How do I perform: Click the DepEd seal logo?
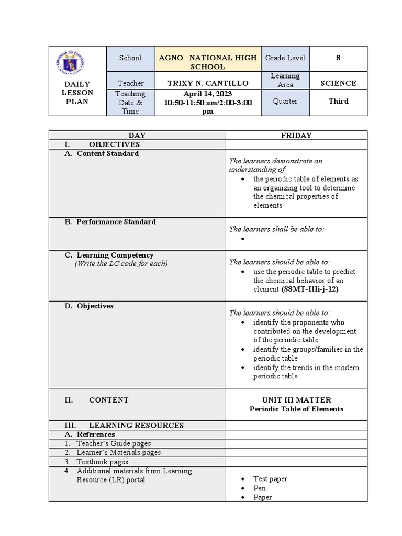coord(78,62)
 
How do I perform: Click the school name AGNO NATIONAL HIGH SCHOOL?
coord(208,62)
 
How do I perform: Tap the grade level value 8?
coord(338,58)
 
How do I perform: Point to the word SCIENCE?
coord(338,83)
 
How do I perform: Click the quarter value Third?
coord(338,101)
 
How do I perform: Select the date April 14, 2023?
coord(208,94)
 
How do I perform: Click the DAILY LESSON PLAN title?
coord(78,93)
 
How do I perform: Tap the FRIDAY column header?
coord(296,136)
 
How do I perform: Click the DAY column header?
coord(137,136)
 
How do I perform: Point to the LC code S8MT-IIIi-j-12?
coord(309,289)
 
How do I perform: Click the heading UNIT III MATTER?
coord(296,400)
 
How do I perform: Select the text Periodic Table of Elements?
coord(296,409)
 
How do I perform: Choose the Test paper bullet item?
coord(270,479)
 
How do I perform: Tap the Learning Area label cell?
coord(286,80)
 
